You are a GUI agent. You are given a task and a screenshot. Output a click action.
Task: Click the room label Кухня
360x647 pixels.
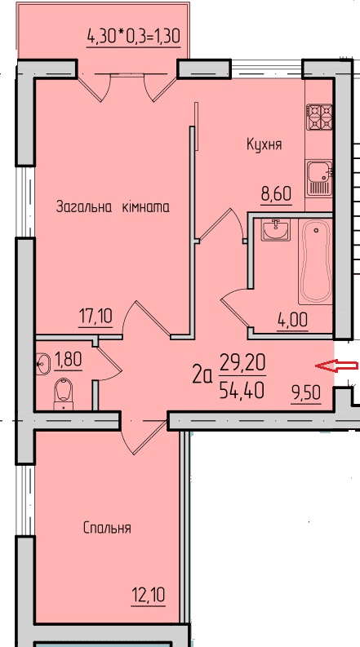(x=264, y=144)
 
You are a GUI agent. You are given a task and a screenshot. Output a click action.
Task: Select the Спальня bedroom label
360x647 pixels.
(x=107, y=528)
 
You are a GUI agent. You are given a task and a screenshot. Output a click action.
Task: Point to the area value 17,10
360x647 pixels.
(x=96, y=316)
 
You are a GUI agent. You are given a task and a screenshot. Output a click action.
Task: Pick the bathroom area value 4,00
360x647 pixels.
(x=291, y=320)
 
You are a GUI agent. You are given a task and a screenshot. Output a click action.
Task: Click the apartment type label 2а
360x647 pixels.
(x=202, y=375)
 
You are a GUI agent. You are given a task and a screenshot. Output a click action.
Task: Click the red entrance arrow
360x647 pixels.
(x=336, y=366)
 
